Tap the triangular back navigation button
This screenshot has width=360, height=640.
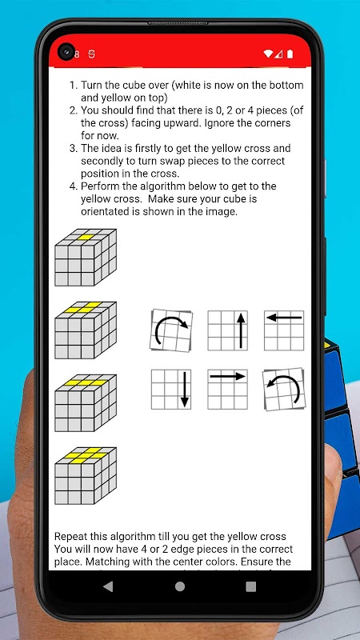[x=108, y=586]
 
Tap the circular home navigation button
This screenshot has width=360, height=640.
[x=179, y=586]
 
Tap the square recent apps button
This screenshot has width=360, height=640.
[x=251, y=586]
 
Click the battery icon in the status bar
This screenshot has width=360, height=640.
[x=290, y=54]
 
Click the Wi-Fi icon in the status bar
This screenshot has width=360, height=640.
[x=268, y=54]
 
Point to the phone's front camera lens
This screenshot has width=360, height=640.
[x=66, y=52]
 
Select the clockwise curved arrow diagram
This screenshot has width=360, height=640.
[x=171, y=330]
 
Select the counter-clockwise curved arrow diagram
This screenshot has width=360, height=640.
[x=284, y=389]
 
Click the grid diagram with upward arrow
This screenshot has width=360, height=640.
[x=227, y=330]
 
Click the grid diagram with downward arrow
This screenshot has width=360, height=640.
[x=171, y=389]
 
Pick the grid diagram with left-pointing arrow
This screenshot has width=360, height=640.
[x=284, y=330]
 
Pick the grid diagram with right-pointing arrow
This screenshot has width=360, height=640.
[x=227, y=389]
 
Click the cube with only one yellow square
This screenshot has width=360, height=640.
[x=86, y=257]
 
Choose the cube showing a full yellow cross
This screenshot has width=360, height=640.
[x=86, y=475]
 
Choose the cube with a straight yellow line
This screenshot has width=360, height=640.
[x=86, y=403]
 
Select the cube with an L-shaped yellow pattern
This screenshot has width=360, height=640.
[x=86, y=330]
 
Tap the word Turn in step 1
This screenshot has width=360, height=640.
[x=90, y=86]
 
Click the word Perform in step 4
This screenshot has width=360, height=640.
[x=97, y=186]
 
